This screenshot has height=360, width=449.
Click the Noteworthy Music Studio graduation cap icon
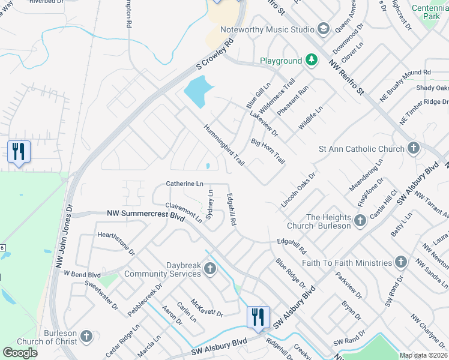coord(324,29)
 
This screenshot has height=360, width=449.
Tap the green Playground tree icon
coord(311,61)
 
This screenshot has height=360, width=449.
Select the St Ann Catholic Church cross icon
coord(413,148)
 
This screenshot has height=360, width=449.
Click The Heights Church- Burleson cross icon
coord(360,221)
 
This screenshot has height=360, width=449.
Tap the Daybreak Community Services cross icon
coord(210,268)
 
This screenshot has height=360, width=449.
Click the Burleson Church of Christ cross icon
coord(86,337)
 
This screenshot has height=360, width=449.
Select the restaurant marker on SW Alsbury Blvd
coord(258,317)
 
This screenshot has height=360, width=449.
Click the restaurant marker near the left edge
coord(19,151)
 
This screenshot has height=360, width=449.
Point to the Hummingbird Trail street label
coord(224,145)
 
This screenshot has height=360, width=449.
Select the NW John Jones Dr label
coord(68,238)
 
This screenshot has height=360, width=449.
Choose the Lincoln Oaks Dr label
coord(298,190)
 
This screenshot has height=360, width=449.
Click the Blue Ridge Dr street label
coord(291,272)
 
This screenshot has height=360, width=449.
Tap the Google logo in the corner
coord(20,353)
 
